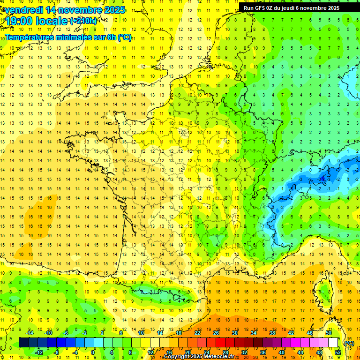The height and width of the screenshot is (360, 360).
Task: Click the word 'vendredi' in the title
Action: click(24, 10)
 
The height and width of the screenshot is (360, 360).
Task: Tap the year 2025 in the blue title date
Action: click(112, 10)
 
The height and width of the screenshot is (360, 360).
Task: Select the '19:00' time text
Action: click(18, 21)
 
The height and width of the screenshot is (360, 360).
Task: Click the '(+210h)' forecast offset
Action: click(83, 21)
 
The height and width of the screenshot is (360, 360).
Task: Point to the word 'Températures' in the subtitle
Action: click(31, 37)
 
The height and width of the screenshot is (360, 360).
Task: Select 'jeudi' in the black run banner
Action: click(298, 8)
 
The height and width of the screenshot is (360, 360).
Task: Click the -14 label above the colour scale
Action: click(30, 332)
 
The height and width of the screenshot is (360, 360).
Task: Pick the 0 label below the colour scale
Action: click(93, 352)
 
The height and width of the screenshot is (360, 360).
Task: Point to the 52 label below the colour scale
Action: click(337, 352)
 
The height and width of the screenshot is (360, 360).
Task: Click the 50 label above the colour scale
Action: click(329, 332)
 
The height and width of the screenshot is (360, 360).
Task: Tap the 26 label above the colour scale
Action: click(216, 332)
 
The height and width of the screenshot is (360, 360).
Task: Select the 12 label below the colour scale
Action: click(150, 352)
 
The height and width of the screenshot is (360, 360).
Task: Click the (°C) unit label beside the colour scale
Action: click(349, 343)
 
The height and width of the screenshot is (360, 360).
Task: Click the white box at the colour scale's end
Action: click(333, 343)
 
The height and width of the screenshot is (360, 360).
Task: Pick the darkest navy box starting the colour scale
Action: click(23, 343)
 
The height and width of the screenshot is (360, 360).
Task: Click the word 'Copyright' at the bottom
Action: click(176, 357)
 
